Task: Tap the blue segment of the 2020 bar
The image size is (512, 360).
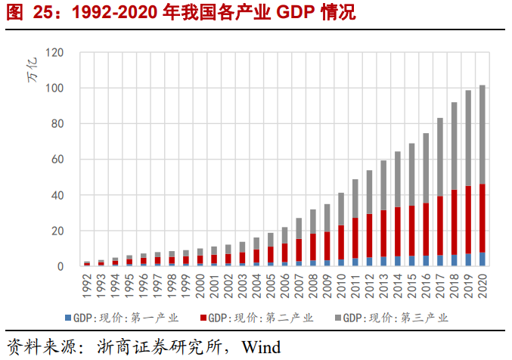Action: pos(482,259)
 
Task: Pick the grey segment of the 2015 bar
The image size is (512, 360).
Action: pos(412,175)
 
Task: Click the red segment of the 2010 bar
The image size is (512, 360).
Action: pos(342,242)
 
